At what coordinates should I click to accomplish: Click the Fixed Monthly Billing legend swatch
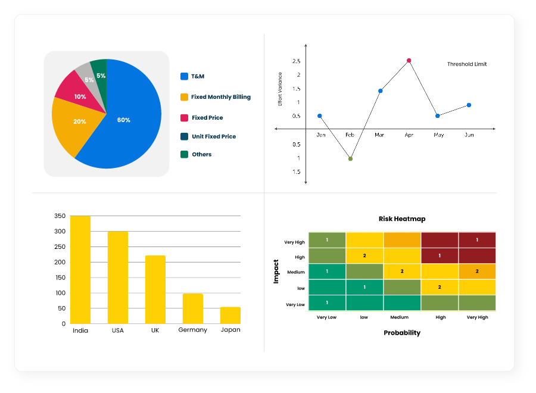185,97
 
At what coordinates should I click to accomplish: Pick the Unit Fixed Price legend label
213,136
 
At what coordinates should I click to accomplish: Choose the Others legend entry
201,154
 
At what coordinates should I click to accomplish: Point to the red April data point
409,60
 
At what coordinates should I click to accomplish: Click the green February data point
350,159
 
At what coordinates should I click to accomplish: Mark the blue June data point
469,105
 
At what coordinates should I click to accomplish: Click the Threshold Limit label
466,64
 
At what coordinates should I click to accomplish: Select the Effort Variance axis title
281,89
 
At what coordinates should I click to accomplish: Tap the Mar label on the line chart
379,135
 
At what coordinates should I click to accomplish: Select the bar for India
80,270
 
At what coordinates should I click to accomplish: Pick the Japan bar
230,316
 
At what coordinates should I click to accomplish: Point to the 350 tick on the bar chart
60,216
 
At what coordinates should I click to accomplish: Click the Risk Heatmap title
402,219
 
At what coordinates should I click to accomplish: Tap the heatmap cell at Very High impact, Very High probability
477,240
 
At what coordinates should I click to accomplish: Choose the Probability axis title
401,333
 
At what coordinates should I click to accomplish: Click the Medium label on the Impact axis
295,272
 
